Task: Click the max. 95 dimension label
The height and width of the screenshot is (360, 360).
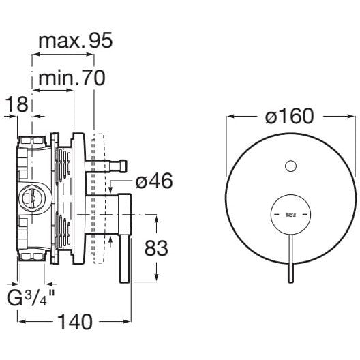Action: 76,41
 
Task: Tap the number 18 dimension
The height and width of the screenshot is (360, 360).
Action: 16,104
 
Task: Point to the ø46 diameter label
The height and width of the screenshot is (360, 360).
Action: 154,181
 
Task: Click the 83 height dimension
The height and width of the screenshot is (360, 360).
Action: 156,248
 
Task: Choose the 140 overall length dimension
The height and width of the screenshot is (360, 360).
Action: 76,322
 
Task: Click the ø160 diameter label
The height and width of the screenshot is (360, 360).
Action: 289,116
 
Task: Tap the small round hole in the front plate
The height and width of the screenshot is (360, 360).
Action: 290,166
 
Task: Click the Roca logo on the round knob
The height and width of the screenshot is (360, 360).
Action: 290,215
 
